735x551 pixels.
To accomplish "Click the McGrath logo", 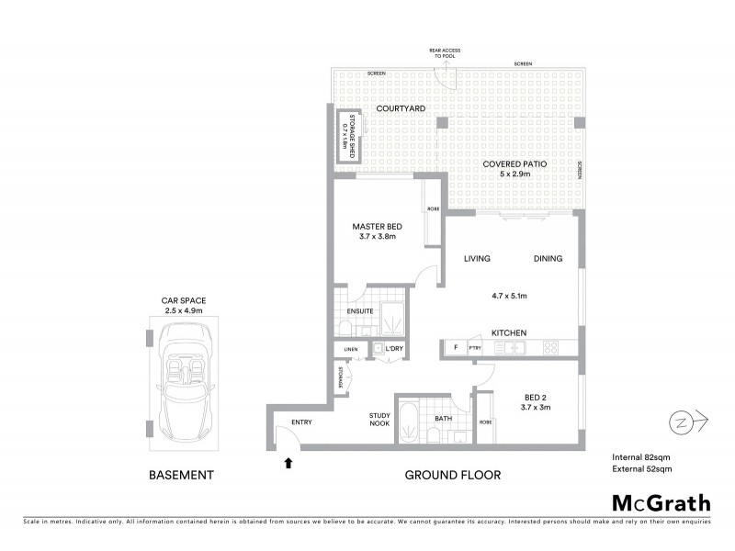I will pos(661,502).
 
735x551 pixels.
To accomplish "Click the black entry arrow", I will pos(289,463).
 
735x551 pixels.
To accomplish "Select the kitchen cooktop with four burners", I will pos(553,347).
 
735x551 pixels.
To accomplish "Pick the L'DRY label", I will pos(395,349).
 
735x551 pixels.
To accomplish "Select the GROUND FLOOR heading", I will pos(452,475).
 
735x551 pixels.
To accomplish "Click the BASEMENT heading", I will pos(182,475).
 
